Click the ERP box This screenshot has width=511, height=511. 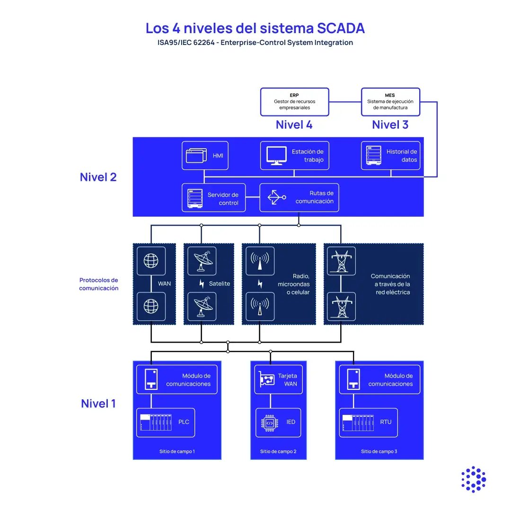[x=294, y=101]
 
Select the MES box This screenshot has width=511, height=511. [x=390, y=101]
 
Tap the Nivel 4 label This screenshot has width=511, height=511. [x=294, y=125]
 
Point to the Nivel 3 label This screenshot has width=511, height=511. [x=390, y=125]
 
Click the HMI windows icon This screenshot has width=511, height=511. [x=196, y=156]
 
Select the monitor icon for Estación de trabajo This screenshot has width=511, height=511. [x=276, y=156]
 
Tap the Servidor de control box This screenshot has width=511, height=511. [x=214, y=198]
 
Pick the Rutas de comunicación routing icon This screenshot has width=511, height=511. [x=276, y=197]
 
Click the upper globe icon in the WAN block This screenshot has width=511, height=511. [x=151, y=261]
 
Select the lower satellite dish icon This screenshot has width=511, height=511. [x=202, y=307]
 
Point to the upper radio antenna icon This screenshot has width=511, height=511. [x=260, y=261]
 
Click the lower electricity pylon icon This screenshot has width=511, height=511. [x=341, y=307]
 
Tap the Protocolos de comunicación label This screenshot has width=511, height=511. [x=98, y=284]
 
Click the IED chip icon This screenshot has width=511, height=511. [x=269, y=422]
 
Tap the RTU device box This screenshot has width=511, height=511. [x=369, y=422]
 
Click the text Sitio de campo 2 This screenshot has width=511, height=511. [x=278, y=451]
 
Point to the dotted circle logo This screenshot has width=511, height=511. [x=473, y=479]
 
